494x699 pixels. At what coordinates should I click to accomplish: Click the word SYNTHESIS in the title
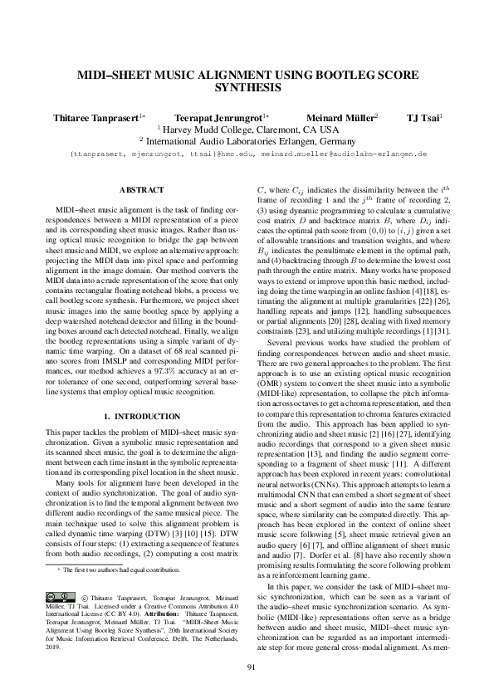pyautogui.click(x=247, y=86)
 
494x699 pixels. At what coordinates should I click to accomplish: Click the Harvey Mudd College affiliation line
pyautogui.click(x=247, y=130)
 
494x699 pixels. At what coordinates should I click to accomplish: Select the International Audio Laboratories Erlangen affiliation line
pyautogui.click(x=247, y=142)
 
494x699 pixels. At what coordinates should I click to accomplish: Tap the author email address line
pyautogui.click(x=247, y=154)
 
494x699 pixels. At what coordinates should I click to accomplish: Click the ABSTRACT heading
pyautogui.click(x=141, y=190)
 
